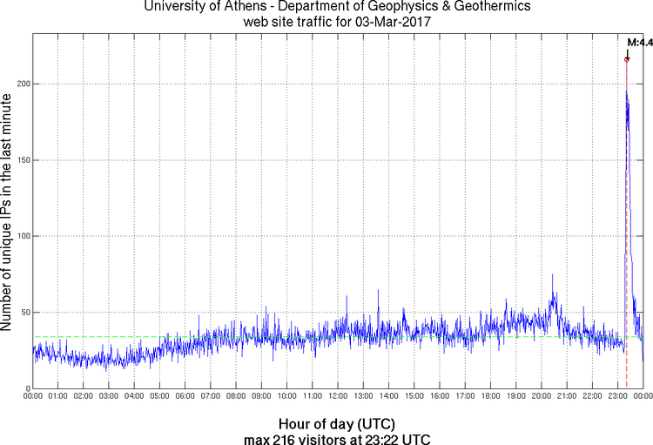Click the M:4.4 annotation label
coord(640,42)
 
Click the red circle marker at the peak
coord(627,59)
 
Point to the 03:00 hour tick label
coord(110,396)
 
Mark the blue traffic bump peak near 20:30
coord(552,275)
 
